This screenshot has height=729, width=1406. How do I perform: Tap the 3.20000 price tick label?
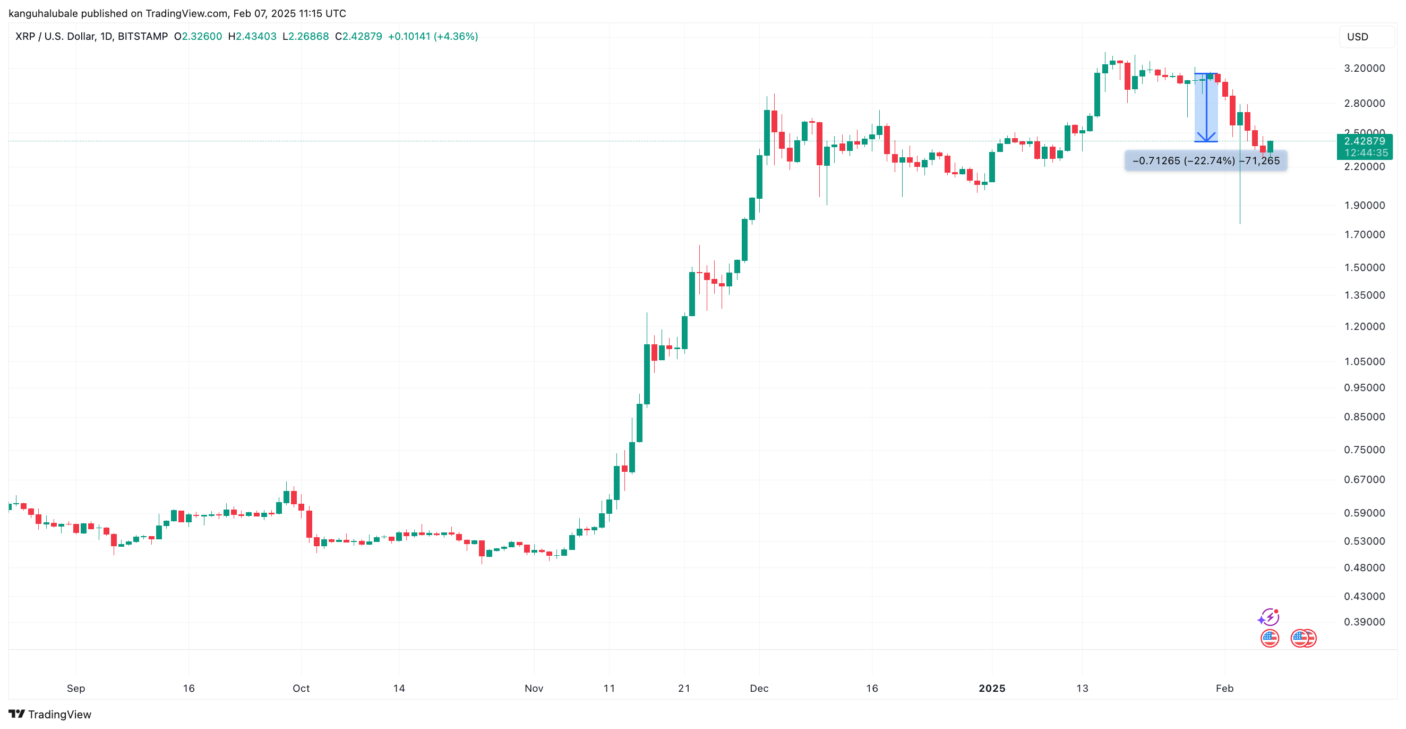coord(1364,68)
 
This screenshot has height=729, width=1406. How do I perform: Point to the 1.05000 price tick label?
coord(1364,361)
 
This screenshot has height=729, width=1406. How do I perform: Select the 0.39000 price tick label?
coord(1364,622)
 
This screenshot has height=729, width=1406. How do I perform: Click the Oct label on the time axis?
coord(301,688)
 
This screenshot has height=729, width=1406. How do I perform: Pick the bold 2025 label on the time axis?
coord(992,688)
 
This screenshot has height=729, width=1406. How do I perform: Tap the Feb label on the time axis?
coord(1224,688)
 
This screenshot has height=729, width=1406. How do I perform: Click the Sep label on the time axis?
coord(76,688)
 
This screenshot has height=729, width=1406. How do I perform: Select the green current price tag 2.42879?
coord(1364,141)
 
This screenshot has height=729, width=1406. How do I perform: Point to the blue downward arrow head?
coord(1206,137)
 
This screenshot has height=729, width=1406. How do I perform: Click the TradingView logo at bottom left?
coord(50,714)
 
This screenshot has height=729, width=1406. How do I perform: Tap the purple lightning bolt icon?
coord(1268,617)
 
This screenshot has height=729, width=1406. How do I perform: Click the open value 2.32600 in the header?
coord(201,37)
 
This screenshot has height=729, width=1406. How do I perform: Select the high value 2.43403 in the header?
coord(256,37)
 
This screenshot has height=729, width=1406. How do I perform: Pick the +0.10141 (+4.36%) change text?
coord(433,37)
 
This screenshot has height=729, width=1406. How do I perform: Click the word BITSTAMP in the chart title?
coord(142,37)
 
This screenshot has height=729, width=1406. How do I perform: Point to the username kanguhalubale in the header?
coord(43,13)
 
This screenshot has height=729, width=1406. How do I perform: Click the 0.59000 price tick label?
coord(1364,513)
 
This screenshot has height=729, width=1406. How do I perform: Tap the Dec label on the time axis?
coord(759,688)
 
